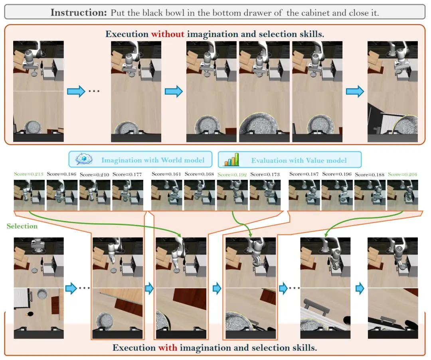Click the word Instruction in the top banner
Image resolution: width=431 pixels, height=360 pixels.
pyautogui.click(x=78, y=13)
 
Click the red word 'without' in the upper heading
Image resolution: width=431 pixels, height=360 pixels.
pyautogui.click(x=167, y=34)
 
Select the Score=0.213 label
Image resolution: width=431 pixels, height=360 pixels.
pyautogui.click(x=29, y=174)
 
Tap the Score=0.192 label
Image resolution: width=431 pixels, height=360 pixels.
pyautogui.click(x=232, y=174)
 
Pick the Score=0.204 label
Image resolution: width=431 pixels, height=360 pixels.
pyautogui.click(x=402, y=174)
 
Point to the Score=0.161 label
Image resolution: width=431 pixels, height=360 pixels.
pyautogui.click(x=166, y=174)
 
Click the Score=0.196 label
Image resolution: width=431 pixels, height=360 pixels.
pyautogui.click(x=337, y=174)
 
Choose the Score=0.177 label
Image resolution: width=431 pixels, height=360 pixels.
pyautogui.click(x=127, y=174)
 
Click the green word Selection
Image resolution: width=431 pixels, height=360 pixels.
pyautogui.click(x=22, y=226)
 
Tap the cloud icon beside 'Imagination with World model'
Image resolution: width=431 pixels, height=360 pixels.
pyautogui.click(x=84, y=159)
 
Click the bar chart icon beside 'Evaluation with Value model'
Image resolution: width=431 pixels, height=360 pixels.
pyautogui.click(x=231, y=159)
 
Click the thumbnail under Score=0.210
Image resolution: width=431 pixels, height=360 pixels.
pyautogui.click(x=95, y=195)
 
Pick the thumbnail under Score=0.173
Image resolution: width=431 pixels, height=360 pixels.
pyautogui.click(x=265, y=195)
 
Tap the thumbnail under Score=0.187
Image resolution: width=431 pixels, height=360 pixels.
pyautogui.click(x=304, y=195)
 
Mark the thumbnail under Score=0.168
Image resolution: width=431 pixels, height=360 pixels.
pyautogui.click(x=200, y=195)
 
